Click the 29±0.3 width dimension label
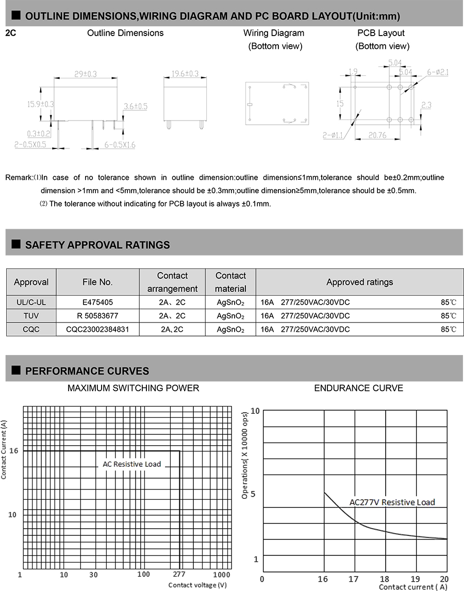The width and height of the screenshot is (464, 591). click(x=86, y=74)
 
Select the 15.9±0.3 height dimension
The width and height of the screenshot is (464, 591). click(x=41, y=104)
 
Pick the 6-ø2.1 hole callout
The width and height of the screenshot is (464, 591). click(x=438, y=73)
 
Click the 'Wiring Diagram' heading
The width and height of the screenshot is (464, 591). click(x=274, y=33)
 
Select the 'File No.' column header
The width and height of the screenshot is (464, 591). click(x=97, y=282)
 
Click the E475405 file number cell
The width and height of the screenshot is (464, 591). click(x=97, y=302)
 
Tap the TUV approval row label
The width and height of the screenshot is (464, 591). click(x=31, y=316)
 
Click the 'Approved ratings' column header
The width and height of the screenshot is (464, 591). click(x=359, y=282)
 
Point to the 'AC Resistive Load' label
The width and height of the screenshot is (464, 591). click(x=132, y=464)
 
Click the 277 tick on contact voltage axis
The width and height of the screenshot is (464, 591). click(x=179, y=574)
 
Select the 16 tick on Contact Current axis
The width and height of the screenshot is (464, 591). click(x=13, y=450)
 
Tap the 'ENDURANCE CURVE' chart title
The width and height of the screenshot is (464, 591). click(x=358, y=387)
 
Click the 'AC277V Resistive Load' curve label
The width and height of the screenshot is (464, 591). click(x=392, y=502)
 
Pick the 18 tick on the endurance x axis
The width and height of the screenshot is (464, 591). click(x=385, y=579)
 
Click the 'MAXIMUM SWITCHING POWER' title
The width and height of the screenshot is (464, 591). click(x=133, y=387)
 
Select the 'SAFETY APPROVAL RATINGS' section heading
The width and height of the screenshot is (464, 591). click(x=97, y=245)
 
